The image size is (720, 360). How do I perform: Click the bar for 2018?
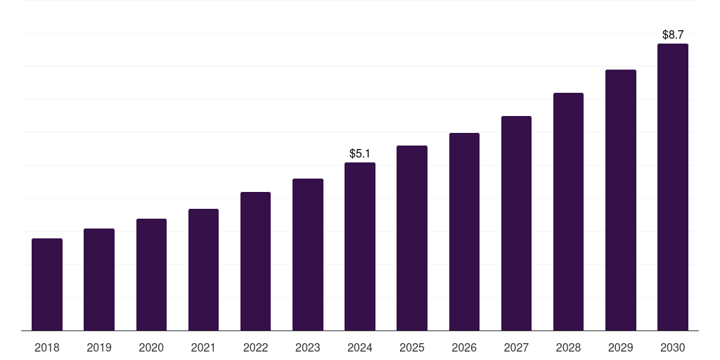coord(47,285)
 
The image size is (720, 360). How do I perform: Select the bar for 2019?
coord(99,280)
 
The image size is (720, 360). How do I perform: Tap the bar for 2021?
coord(203,270)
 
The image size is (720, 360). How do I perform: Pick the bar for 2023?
coord(308,255)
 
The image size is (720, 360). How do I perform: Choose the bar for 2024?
coord(360,247)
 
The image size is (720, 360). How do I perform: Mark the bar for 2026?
coord(464,232)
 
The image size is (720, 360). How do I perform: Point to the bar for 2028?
coord(568,212)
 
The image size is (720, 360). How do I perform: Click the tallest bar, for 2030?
coord(672,187)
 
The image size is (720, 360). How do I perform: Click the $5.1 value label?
coord(360,153)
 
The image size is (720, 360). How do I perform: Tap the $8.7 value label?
coord(673,34)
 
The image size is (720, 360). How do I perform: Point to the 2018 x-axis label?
coord(47,347)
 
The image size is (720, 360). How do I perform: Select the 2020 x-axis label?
coord(151,347)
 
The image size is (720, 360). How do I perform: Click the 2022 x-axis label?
coord(255,347)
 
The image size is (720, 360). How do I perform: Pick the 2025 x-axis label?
coord(412,347)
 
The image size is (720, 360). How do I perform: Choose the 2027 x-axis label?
coord(516,347)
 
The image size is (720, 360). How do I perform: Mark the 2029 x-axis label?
coord(620,347)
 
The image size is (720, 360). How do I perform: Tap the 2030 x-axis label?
coord(672,347)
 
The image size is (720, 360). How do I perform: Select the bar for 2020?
coord(151,275)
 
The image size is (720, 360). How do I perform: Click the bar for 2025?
coord(412,238)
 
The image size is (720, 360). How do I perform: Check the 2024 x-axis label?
coord(360,347)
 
